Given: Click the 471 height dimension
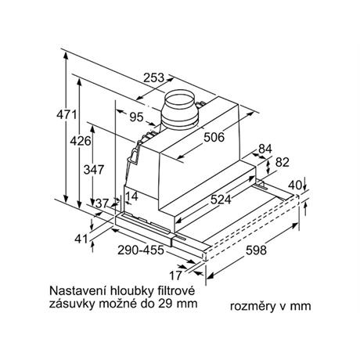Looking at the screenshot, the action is (67, 115).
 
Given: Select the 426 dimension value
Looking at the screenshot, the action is (81, 141).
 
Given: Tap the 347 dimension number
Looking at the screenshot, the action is (94, 170).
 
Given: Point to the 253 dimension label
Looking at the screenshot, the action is (154, 77).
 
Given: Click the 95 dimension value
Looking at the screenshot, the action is (137, 117).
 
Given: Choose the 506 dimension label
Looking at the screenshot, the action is (214, 137).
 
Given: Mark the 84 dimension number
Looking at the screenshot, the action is (265, 149).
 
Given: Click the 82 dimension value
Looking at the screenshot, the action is (283, 162).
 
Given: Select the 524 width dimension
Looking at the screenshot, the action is (221, 200).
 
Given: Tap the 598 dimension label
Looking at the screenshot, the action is (256, 250).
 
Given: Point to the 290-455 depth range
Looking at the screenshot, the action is (141, 250).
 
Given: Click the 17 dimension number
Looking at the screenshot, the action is (175, 275).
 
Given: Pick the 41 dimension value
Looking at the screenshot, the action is (81, 239).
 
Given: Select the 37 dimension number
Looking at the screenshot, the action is (102, 203).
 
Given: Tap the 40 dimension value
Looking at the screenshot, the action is (295, 185).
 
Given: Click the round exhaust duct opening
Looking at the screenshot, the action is (180, 98).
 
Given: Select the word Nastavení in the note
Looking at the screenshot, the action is (75, 290).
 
